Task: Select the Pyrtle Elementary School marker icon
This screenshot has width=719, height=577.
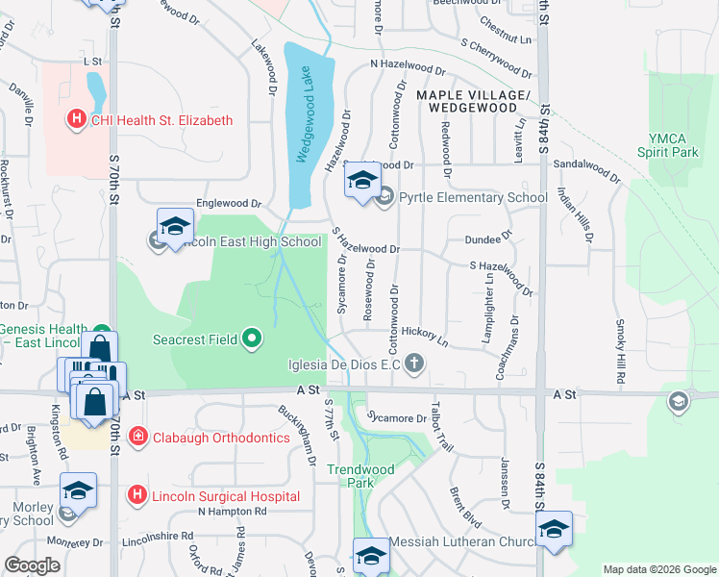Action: tap(385, 198)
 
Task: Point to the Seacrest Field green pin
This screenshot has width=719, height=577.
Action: tap(252, 338)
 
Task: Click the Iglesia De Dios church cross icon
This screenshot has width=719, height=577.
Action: tap(414, 364)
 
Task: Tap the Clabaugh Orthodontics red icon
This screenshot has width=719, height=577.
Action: tap(137, 438)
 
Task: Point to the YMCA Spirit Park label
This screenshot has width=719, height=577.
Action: tap(668, 145)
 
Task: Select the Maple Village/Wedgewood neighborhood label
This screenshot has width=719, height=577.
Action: tap(474, 102)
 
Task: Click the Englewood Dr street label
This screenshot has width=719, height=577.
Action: tap(229, 204)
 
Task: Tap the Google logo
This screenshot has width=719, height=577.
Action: tap(32, 565)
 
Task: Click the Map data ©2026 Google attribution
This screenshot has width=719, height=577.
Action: tap(658, 569)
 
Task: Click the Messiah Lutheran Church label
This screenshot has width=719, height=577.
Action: tap(461, 542)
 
